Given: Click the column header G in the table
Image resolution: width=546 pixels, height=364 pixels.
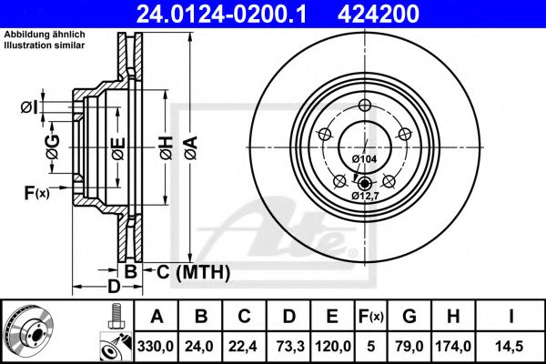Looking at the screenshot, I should (x=409, y=317).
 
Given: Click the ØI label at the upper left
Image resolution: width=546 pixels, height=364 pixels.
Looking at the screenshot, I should (x=31, y=108).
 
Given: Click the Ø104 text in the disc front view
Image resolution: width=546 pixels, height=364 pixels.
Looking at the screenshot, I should (x=364, y=160).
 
